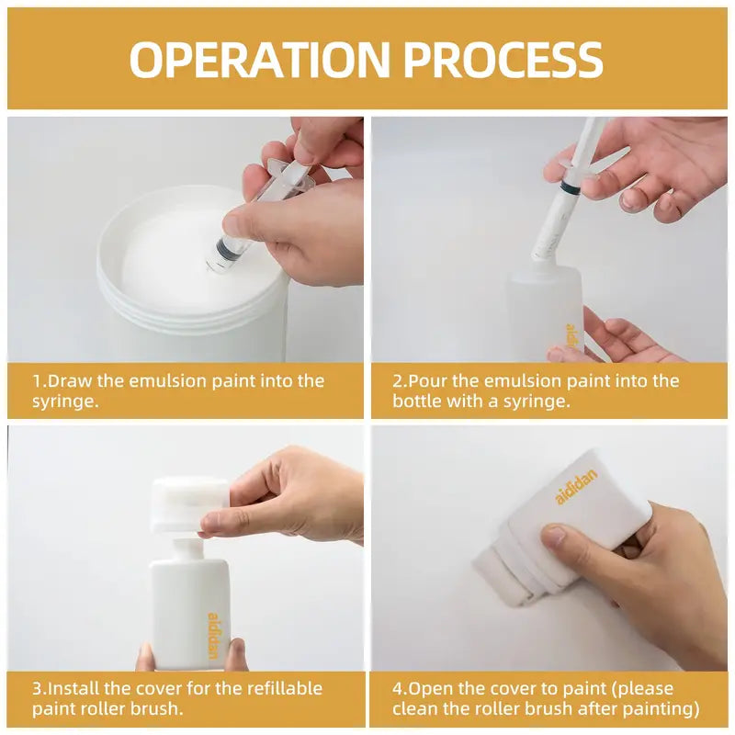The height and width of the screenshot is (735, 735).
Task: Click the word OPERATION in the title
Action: tap(259, 59)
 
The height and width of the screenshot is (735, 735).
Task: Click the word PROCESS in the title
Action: tap(503, 59)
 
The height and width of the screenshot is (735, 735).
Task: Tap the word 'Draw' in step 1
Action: tap(70, 380)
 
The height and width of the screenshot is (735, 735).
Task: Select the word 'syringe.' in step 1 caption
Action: tap(65, 401)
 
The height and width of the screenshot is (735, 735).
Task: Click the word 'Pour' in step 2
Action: tap(427, 380)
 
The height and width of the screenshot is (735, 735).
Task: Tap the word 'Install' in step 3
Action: tap(73, 688)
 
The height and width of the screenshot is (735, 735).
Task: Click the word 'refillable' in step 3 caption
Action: tap(285, 688)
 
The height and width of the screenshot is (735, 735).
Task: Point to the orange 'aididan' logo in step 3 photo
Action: tap(213, 636)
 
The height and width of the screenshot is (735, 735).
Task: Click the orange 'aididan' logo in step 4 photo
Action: tap(577, 487)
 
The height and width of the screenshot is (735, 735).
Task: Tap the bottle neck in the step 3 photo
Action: tap(184, 549)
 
